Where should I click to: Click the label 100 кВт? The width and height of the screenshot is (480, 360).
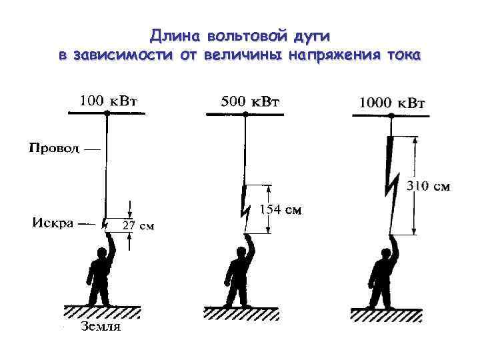click(x=109, y=101)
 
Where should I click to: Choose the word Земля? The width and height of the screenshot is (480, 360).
click(x=101, y=327)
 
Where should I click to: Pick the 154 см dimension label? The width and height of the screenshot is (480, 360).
click(x=280, y=211)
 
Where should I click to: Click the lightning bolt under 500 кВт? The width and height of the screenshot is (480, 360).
click(x=245, y=203)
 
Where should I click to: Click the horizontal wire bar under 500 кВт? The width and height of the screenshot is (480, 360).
click(x=244, y=114)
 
